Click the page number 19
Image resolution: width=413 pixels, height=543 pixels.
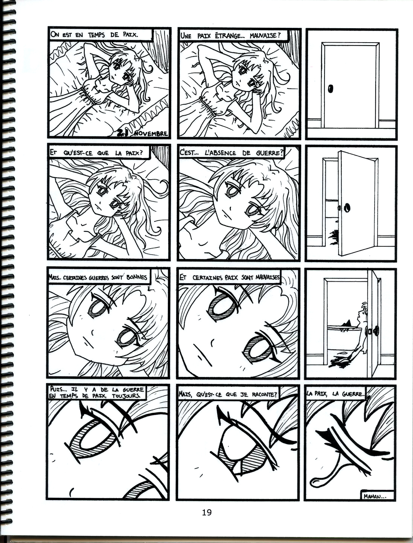206,512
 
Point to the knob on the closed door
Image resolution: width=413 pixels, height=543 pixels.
330,88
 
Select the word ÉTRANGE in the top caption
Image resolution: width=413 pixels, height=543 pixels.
227,36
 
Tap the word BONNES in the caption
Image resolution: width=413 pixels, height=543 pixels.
137,277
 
